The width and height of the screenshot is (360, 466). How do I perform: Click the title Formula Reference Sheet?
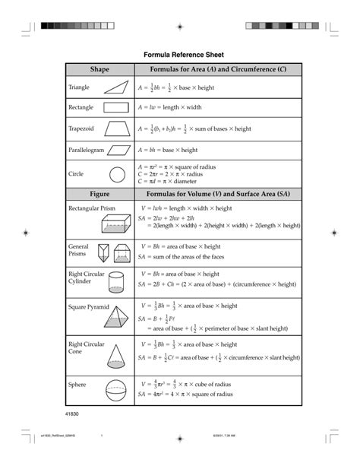[x=180, y=54]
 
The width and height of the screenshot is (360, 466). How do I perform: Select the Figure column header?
[x=99, y=194]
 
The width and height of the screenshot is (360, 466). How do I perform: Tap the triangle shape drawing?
[x=117, y=87]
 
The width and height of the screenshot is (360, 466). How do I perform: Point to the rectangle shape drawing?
[x=117, y=108]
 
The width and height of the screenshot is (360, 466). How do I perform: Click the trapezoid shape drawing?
[x=117, y=128]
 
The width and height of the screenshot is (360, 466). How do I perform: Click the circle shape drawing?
[x=117, y=173]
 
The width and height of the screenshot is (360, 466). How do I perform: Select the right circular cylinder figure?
[x=117, y=283]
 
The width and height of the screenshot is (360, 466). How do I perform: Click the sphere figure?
[x=117, y=391]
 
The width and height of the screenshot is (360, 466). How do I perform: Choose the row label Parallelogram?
[x=86, y=150]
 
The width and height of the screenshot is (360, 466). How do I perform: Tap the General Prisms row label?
[x=79, y=250]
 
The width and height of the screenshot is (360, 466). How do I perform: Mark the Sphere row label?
[x=77, y=385]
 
